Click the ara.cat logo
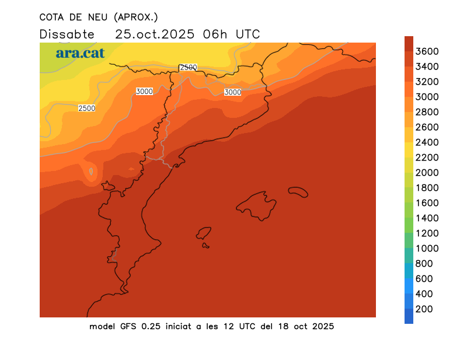tap(80, 53)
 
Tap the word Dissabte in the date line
tap(67, 34)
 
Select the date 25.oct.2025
tap(155, 34)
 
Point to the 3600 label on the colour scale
tap(427, 51)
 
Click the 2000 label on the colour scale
tap(427, 173)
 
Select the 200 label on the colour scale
tap(424, 309)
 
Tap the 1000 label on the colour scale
tap(427, 249)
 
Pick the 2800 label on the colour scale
tap(427, 112)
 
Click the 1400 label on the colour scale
tap(427, 218)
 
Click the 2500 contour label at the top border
tap(188, 68)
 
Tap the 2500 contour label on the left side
tap(86, 108)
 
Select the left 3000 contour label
tap(144, 92)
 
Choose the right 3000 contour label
tap(232, 92)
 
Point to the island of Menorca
tap(298, 191)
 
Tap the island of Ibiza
tap(204, 233)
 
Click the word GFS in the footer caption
tap(126, 326)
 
